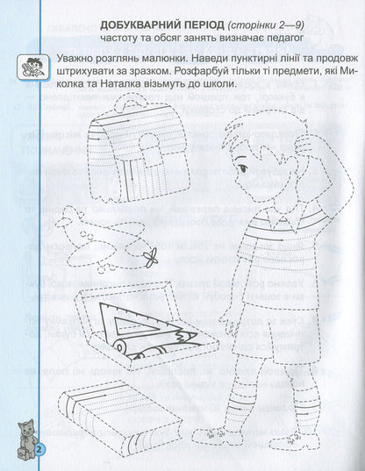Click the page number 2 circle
click(x=39, y=450)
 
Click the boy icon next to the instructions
click(x=32, y=68)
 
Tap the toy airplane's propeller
click(x=151, y=257)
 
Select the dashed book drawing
click(x=120, y=416)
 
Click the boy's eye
click(x=242, y=168)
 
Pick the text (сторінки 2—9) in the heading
click(x=266, y=25)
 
